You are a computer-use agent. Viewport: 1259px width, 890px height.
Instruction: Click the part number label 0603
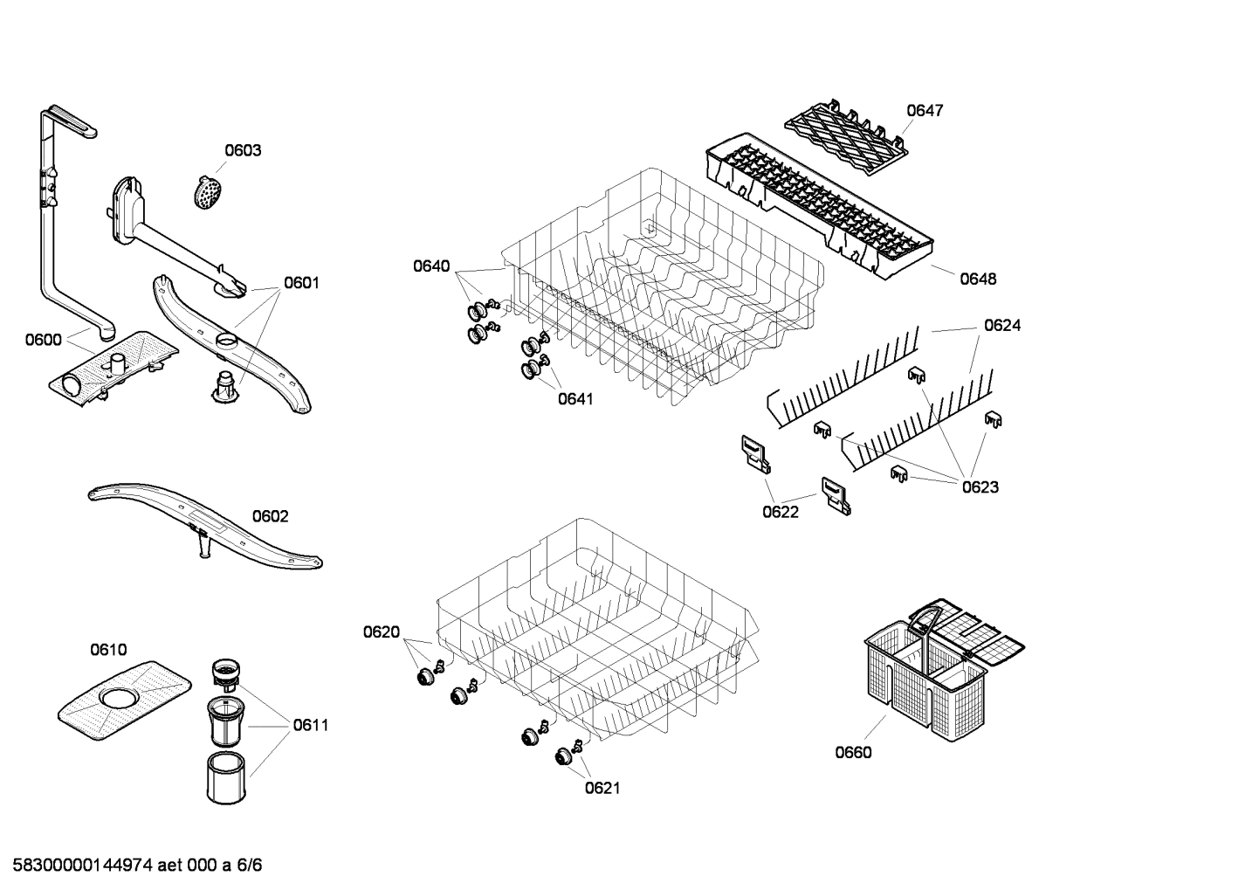pos(243,150)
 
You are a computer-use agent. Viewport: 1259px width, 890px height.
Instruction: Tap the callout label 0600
pos(43,340)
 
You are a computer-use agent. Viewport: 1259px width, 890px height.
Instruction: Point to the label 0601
pos(301,283)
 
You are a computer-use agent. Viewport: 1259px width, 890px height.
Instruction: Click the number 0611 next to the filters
pos(311,725)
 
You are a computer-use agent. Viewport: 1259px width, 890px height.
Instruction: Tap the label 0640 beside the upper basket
pos(431,266)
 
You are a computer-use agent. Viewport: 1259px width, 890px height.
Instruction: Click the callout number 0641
pos(575,399)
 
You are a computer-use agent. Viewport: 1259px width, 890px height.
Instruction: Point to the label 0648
pos(978,279)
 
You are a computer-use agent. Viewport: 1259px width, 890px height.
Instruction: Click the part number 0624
pos(1002,325)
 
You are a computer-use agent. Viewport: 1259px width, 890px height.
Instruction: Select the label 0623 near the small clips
pos(980,486)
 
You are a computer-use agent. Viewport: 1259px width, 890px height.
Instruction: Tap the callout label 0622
pos(781,512)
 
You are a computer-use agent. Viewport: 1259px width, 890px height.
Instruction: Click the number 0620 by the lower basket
pos(382,632)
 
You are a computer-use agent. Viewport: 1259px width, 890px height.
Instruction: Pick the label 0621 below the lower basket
pos(602,788)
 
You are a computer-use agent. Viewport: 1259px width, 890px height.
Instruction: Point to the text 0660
pos(853,752)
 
